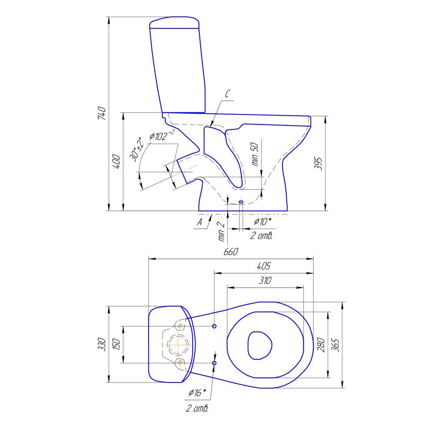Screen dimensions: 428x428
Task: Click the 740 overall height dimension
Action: pyautogui.click(x=102, y=113)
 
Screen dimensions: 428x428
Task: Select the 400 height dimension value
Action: pyautogui.click(x=116, y=162)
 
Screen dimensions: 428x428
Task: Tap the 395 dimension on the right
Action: pyautogui.click(x=318, y=163)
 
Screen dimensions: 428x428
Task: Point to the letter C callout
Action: pyautogui.click(x=227, y=94)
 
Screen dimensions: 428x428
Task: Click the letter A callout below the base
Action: pyautogui.click(x=200, y=222)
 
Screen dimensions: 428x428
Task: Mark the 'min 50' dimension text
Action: pyautogui.click(x=255, y=154)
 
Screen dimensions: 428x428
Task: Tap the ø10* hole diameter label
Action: pyautogui.click(x=262, y=222)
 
